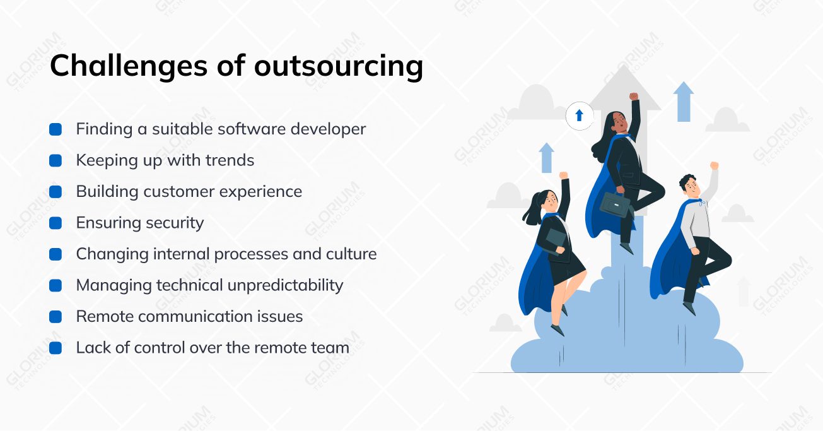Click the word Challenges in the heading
coord(129,66)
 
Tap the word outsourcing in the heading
coord(339,66)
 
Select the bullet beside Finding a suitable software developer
coord(55,129)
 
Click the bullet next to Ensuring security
coord(55,223)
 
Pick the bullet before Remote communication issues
coord(55,317)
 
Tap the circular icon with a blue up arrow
coord(580,115)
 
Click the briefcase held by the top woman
coord(615,206)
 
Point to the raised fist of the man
coord(714,165)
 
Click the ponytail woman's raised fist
coord(563,175)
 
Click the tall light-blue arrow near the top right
coord(684,102)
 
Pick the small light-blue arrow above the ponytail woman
coord(546,158)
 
